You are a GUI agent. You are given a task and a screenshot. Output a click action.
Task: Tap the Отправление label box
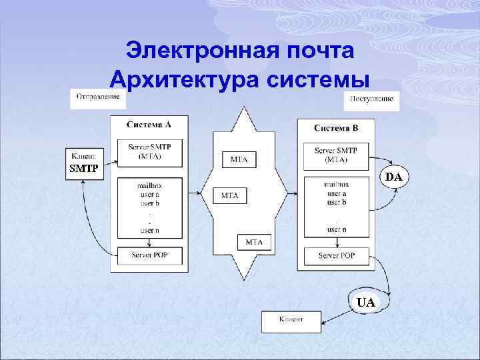(x=98, y=98)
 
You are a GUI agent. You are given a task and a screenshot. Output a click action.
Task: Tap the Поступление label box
(x=371, y=101)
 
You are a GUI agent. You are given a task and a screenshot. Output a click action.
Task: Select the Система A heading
(x=149, y=124)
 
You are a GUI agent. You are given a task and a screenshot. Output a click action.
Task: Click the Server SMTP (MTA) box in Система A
(x=149, y=152)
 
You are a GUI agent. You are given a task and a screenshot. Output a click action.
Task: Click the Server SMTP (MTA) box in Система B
(x=336, y=155)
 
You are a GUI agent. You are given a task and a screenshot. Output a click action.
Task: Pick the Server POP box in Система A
(x=149, y=255)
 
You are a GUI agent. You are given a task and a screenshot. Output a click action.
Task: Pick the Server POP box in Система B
(x=336, y=256)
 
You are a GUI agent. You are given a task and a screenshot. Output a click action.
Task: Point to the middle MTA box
(x=230, y=195)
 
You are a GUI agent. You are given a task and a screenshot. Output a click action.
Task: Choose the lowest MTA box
(x=254, y=243)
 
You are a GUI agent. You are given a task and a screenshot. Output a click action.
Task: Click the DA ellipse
(x=394, y=177)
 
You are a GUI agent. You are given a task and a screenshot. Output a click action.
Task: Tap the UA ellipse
(x=365, y=303)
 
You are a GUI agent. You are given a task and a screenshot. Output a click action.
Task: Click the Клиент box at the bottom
(x=291, y=321)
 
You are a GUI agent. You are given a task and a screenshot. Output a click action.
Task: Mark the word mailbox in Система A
(x=149, y=186)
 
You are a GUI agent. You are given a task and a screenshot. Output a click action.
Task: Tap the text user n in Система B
(x=336, y=229)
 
